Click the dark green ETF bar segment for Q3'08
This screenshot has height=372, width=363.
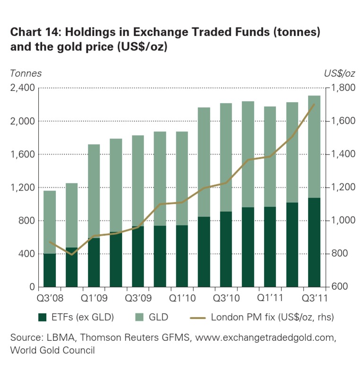click(50, 270)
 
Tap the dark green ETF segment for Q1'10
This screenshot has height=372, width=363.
click(182, 256)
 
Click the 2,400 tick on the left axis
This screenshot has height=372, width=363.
click(22, 88)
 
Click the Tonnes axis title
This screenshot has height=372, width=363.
click(26, 73)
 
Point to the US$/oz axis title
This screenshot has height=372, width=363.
click(340, 73)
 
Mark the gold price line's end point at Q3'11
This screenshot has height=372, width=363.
click(314, 104)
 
